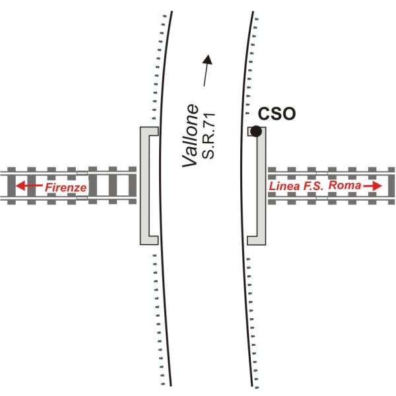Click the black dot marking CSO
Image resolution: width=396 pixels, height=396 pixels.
click(256, 131)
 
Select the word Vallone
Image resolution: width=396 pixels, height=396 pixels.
click(191, 135)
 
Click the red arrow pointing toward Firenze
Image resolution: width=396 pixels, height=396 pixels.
click(28, 187)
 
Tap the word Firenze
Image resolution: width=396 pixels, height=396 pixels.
click(65, 188)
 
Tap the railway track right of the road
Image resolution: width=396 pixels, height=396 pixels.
click(330, 198)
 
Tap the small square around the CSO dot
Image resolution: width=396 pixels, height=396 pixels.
click(251, 131)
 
